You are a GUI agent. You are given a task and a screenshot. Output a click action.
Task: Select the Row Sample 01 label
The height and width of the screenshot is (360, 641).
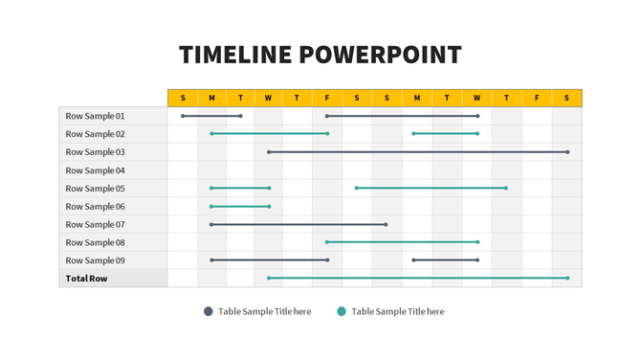[x=95, y=116]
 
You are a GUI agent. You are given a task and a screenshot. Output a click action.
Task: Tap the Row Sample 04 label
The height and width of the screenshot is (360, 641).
[x=95, y=170]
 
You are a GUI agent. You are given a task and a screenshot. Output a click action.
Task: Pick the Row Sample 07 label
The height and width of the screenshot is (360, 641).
[x=95, y=224]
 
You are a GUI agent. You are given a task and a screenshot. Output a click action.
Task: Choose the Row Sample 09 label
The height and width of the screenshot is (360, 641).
[x=95, y=260]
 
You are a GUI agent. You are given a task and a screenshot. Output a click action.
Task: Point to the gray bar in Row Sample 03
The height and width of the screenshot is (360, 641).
[x=417, y=152]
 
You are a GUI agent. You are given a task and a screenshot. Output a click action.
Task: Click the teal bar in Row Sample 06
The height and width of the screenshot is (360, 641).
[x=240, y=206]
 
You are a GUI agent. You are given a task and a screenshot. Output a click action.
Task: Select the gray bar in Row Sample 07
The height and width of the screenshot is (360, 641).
[x=298, y=224]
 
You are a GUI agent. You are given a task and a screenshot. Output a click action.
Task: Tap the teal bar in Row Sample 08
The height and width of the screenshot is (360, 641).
[x=402, y=242]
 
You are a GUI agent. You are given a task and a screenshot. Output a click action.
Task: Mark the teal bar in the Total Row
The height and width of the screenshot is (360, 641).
[x=417, y=278]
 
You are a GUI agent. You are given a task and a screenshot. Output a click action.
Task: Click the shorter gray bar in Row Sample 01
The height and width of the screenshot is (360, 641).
[x=211, y=116]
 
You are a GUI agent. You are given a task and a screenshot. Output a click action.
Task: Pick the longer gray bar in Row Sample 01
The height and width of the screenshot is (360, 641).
[x=402, y=116]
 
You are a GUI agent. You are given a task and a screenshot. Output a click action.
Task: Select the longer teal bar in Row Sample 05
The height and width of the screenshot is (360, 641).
[x=431, y=188]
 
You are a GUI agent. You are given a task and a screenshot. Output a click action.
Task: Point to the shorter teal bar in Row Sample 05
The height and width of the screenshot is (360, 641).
[x=240, y=188]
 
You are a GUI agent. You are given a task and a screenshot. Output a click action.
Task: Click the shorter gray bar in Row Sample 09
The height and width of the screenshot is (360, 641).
[x=446, y=259]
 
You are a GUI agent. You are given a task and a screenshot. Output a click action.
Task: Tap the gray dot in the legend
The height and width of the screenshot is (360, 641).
[x=208, y=311]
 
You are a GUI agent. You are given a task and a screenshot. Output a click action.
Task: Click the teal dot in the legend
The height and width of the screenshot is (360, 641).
[x=342, y=311]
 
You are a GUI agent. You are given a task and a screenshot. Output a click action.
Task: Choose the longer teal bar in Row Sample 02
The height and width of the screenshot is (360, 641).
[x=269, y=134]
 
